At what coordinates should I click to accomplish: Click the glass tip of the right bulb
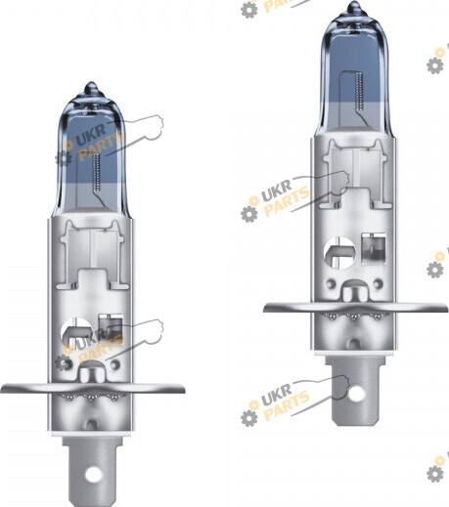(354, 6)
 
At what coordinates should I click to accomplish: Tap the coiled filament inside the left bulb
(96, 173)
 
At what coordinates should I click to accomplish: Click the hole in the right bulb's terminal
(356, 394)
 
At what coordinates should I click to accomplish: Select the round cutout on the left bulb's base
(76, 333)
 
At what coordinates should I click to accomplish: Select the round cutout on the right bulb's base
(339, 253)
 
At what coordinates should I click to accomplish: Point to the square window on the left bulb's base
(110, 327)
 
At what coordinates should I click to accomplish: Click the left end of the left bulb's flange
(1, 388)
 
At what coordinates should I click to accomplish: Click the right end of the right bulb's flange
(447, 307)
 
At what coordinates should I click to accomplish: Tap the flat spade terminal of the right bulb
(356, 392)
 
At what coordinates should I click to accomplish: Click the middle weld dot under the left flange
(92, 398)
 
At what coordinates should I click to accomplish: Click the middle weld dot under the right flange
(355, 317)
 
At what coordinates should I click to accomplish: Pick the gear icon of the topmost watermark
(249, 10)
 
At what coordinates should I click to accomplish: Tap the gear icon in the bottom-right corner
(435, 474)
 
